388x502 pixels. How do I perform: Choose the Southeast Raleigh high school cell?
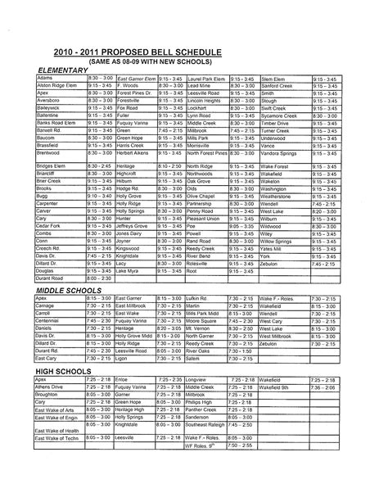click(210, 424)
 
